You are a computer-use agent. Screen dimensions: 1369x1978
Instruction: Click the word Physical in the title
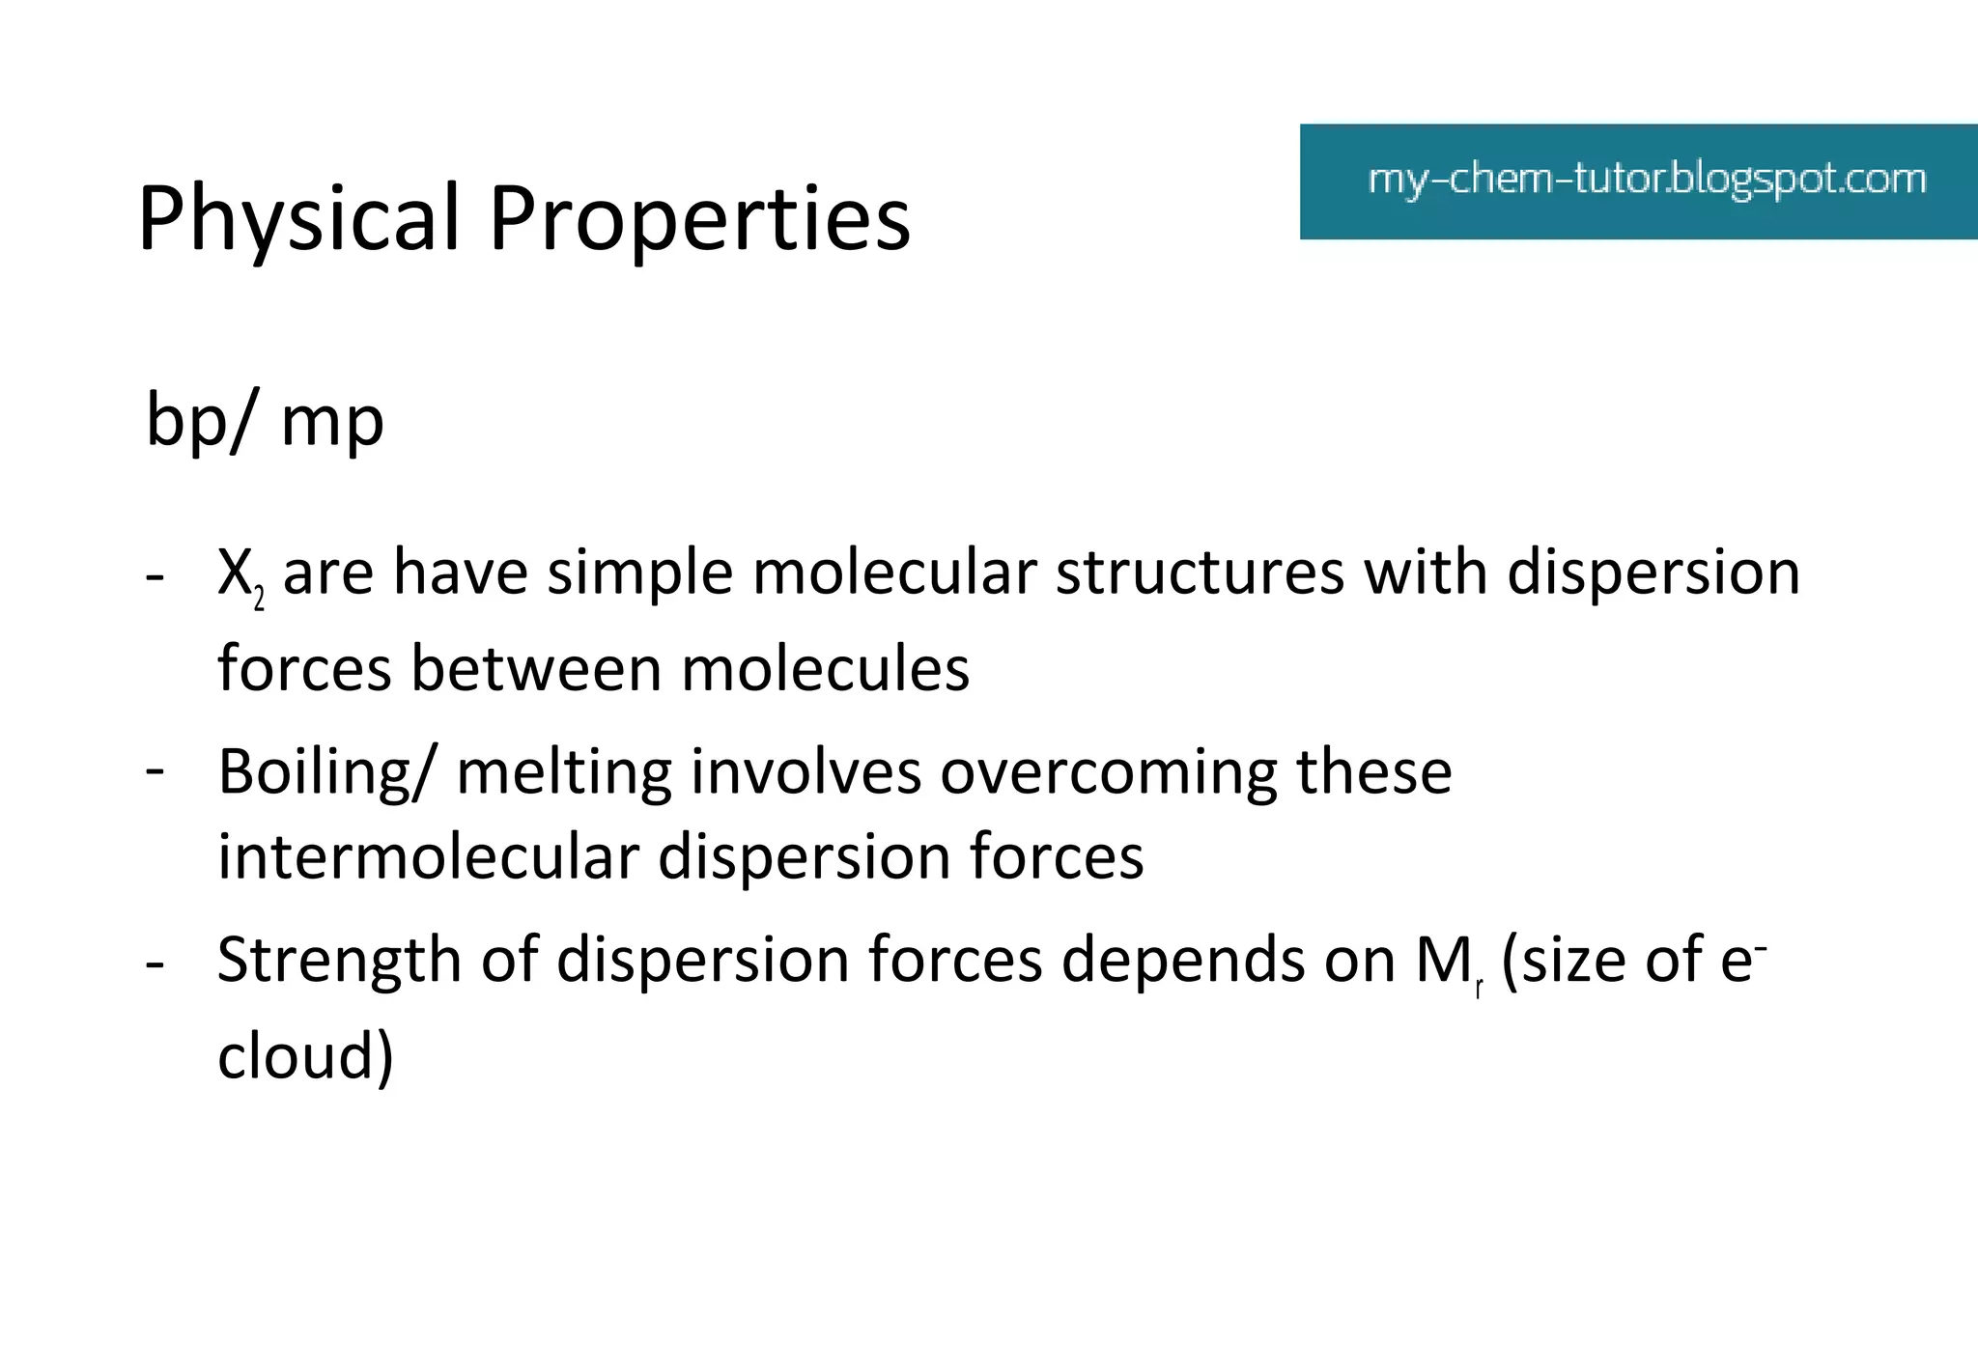pyautogui.click(x=297, y=219)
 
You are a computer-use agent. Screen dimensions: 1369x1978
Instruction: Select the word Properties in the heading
pyautogui.click(x=699, y=219)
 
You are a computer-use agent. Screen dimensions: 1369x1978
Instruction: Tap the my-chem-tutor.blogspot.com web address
pyautogui.click(x=1647, y=181)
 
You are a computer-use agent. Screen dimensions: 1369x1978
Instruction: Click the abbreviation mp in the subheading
pyautogui.click(x=332, y=425)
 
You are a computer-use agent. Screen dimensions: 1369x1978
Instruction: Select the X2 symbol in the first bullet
pyautogui.click(x=240, y=575)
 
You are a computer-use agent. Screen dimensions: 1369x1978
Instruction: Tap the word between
pyautogui.click(x=537, y=669)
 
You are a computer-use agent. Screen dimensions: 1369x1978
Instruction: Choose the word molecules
pyautogui.click(x=825, y=669)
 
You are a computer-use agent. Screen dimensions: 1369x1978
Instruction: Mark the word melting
pyautogui.click(x=564, y=772)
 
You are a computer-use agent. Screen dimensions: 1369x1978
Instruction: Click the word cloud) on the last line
pyautogui.click(x=305, y=1057)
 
